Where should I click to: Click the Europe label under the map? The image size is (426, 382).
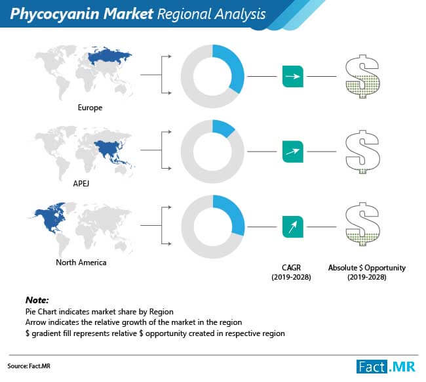(90, 108)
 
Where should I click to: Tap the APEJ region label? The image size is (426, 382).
(81, 183)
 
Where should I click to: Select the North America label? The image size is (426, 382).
(81, 263)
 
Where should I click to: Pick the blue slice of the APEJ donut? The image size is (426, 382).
(223, 127)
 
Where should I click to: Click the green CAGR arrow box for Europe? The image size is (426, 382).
(293, 76)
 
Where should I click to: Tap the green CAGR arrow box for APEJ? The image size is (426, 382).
(293, 152)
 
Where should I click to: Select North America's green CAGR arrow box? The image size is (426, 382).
(293, 226)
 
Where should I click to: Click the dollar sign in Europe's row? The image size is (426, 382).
(362, 76)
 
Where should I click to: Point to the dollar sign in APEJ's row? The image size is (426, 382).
(362, 152)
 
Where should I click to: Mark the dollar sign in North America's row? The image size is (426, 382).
(362, 224)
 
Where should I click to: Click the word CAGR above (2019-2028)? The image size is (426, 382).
(291, 268)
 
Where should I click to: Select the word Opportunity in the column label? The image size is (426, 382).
(385, 268)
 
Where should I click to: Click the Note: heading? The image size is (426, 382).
(37, 300)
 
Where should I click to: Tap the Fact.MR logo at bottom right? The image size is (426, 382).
(386, 367)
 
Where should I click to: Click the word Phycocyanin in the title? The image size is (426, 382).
(55, 14)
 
